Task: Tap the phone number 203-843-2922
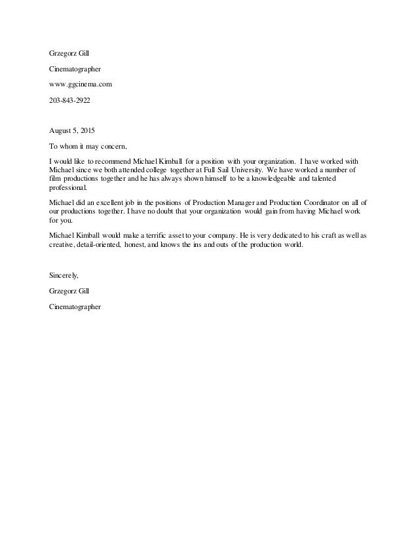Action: click(x=70, y=102)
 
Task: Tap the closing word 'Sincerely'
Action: click(x=64, y=276)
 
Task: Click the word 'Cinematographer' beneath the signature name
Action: click(x=75, y=307)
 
